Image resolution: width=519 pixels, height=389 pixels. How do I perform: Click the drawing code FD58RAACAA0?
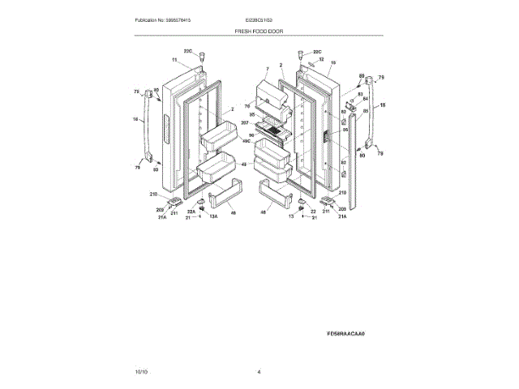(x=346, y=333)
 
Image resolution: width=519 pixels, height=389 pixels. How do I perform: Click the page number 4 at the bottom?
(x=259, y=371)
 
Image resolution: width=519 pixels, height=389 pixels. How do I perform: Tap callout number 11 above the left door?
(x=174, y=61)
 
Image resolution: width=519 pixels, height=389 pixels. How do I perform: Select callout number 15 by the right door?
(x=333, y=62)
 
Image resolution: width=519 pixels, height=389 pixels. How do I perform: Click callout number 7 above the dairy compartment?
(x=265, y=70)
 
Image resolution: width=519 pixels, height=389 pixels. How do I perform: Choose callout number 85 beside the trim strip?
(x=365, y=110)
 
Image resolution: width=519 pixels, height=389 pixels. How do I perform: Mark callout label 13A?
(x=214, y=217)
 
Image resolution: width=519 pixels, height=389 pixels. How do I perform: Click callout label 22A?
(x=191, y=212)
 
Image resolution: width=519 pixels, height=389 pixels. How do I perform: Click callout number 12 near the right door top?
(x=320, y=59)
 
